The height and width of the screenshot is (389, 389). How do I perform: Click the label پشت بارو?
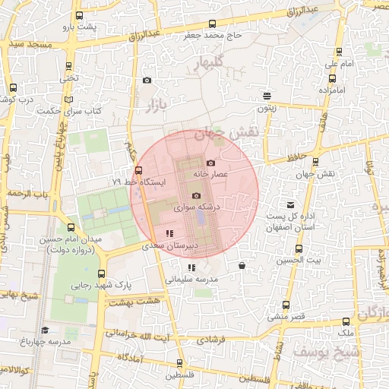coord(81,27)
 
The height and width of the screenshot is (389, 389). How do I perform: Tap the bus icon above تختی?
coord(70,66)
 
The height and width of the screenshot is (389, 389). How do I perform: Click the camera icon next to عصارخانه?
coord(211,163)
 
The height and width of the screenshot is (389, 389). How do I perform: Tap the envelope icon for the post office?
coord(290,205)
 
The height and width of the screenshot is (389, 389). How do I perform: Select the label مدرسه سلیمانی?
coord(191,279)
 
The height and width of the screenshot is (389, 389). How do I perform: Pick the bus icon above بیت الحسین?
coord(299,248)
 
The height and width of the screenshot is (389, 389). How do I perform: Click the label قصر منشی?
coord(286,315)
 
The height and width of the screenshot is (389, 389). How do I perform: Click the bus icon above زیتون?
coord(267,96)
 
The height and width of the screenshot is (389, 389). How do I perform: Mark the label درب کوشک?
coord(17,100)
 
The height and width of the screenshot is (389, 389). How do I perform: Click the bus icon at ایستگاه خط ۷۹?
coord(138,171)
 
